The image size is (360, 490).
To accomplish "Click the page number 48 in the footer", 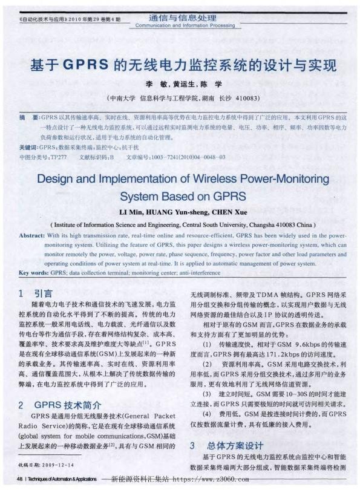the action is tap(20, 479).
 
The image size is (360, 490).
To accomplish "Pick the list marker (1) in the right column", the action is tap(209, 343).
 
